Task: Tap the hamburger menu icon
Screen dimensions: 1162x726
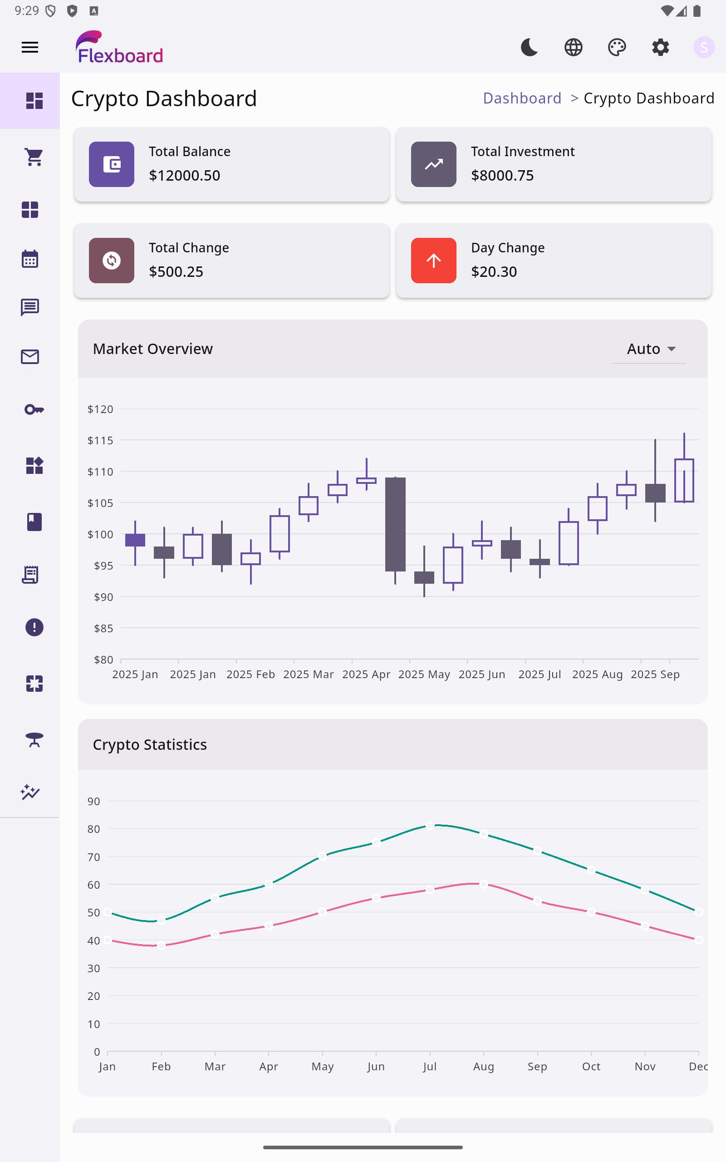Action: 30,47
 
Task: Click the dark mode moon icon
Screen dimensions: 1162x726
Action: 529,47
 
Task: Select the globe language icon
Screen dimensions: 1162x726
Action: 573,47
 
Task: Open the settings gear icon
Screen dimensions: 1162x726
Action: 660,47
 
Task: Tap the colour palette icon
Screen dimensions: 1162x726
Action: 617,47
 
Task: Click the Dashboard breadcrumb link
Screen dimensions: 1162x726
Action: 522,98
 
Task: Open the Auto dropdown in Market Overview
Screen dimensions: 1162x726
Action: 650,349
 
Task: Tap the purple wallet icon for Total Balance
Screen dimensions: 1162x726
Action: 112,164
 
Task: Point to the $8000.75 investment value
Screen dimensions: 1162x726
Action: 502,176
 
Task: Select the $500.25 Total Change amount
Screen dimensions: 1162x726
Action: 176,272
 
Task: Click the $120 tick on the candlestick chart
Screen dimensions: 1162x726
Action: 100,409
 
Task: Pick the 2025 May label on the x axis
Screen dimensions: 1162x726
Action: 424,674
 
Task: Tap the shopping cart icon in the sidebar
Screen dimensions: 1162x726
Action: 34,157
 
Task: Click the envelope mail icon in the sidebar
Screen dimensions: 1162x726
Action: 30,357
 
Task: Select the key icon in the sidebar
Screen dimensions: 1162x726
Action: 34,409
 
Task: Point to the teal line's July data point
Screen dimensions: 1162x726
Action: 430,826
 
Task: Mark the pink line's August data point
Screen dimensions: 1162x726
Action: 484,884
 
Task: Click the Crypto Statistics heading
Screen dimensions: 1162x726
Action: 150,744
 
